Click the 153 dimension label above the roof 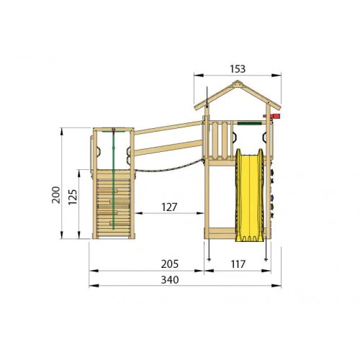(x=238, y=69)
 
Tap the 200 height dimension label (x=56, y=194)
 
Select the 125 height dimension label (x=73, y=197)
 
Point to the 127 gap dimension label (x=169, y=207)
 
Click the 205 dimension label (x=170, y=264)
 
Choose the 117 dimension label (x=238, y=264)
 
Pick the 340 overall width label (x=170, y=280)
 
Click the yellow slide (x=249, y=195)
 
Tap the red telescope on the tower (x=272, y=116)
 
